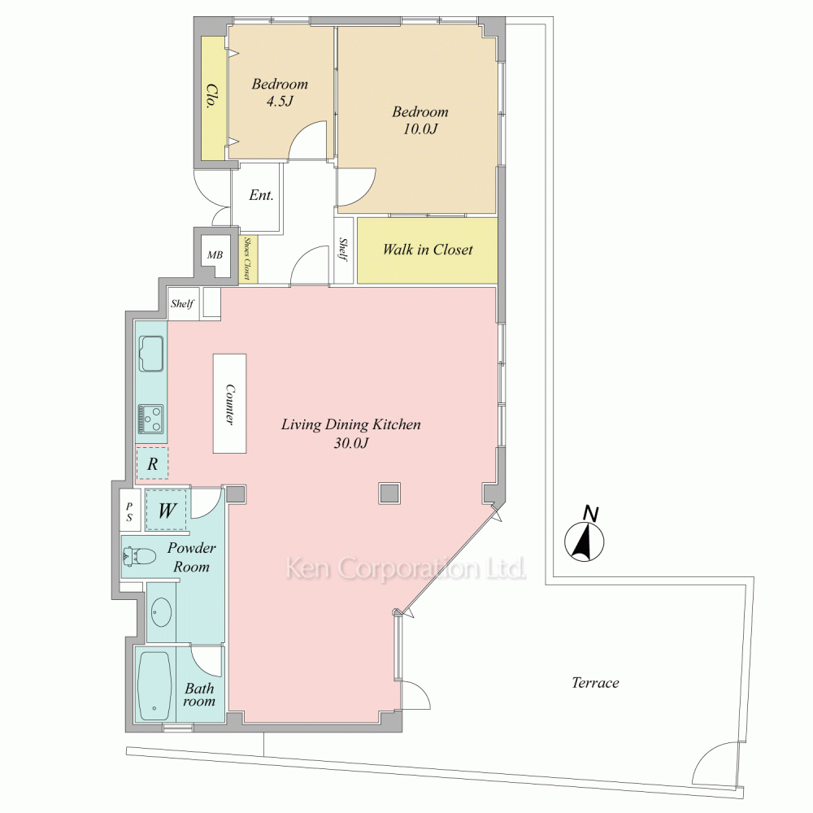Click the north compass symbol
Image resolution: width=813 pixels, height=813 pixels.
click(585, 541)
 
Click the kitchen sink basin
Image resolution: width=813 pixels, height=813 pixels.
click(151, 354)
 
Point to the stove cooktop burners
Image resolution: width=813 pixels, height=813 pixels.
click(151, 419)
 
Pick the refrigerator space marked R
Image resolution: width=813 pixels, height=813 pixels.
click(152, 463)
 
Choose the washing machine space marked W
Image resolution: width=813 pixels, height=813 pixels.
click(166, 511)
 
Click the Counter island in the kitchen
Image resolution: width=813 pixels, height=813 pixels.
click(229, 403)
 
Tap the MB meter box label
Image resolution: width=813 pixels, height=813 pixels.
click(215, 254)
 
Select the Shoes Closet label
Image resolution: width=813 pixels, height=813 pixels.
click(247, 259)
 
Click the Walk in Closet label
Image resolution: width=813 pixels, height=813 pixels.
click(428, 250)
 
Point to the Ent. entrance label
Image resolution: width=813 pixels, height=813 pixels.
click(261, 195)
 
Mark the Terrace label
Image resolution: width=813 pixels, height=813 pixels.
click(595, 682)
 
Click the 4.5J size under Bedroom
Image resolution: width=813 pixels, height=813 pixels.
click(280, 101)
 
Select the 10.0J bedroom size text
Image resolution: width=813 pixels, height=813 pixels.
click(420, 128)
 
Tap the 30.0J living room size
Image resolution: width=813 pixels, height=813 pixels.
click(351, 443)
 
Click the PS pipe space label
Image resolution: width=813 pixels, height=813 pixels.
click(129, 511)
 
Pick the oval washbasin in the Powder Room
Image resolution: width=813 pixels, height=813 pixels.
click(162, 612)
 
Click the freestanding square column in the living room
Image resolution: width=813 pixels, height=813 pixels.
click(389, 493)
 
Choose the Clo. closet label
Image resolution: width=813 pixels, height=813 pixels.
click(211, 96)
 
